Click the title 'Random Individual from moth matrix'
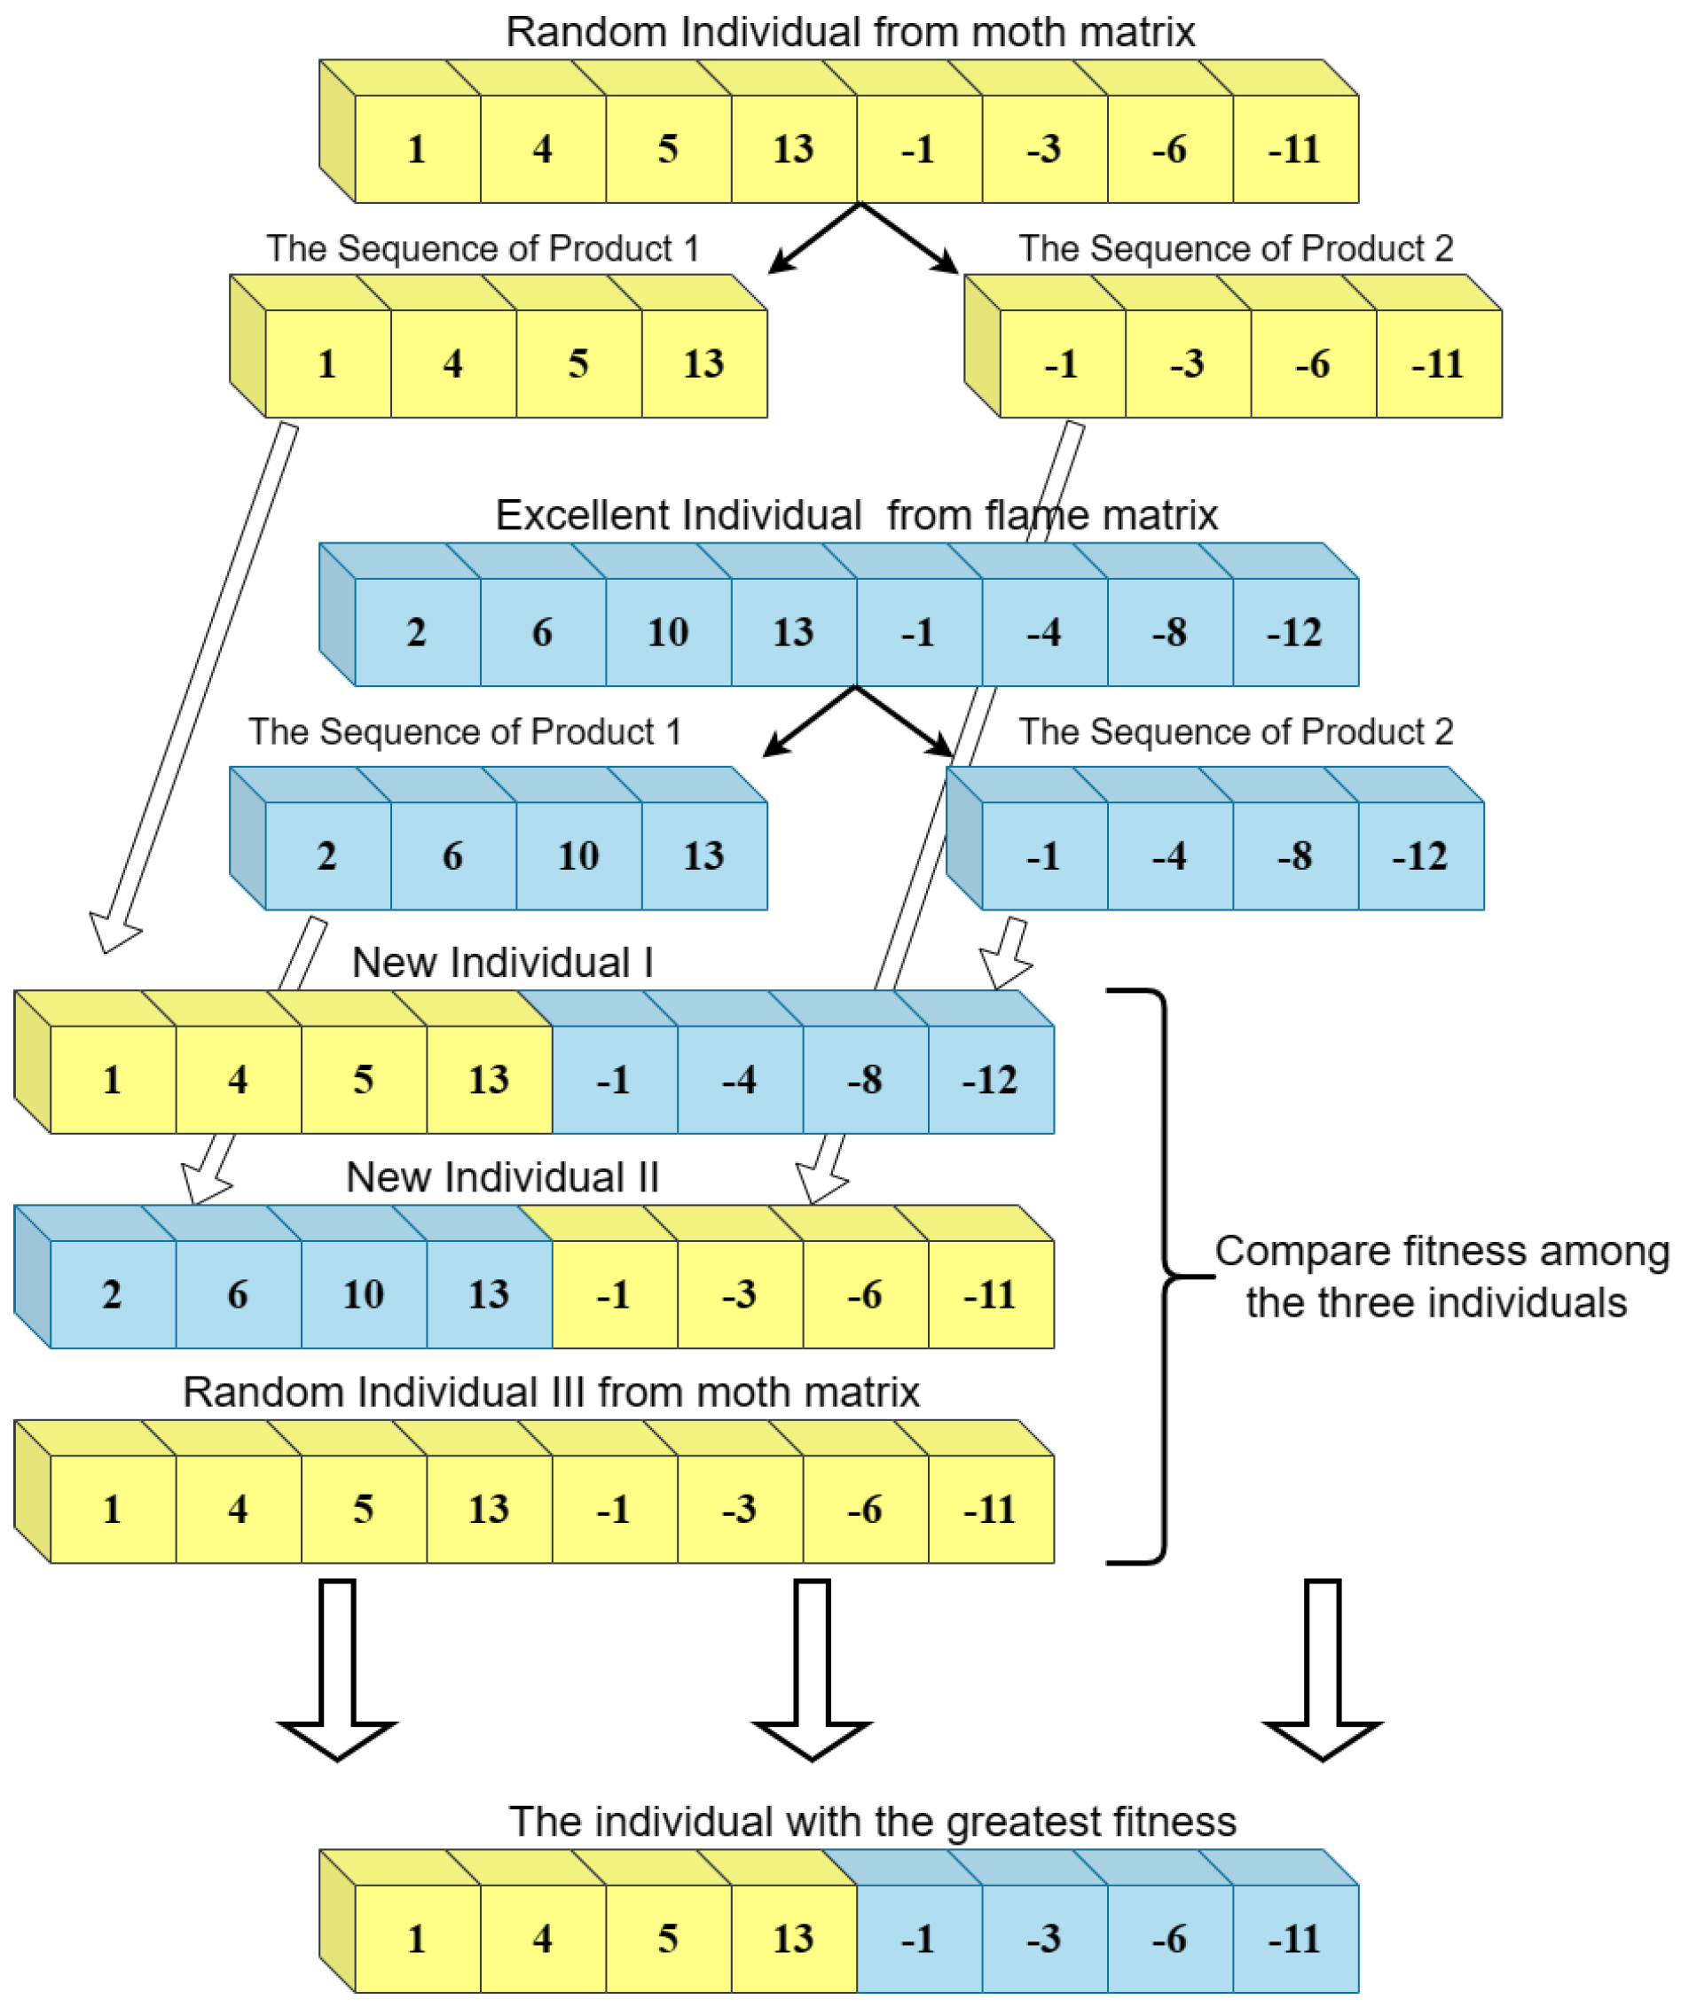pos(850,32)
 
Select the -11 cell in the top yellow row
pos(1294,149)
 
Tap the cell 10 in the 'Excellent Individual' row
pos(667,631)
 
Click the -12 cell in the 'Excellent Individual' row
pos(1294,631)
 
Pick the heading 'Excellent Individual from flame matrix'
pos(855,515)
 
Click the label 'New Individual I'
pos(502,963)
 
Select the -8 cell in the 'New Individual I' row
pos(864,1080)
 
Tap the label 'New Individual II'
pos(502,1177)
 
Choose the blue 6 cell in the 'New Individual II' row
pos(237,1294)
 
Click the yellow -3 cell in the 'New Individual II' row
pos(739,1294)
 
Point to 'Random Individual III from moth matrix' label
pos(551,1393)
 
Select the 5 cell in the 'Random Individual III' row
pos(363,1510)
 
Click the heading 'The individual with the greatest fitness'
pos(872,1821)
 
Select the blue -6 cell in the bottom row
pos(1168,1938)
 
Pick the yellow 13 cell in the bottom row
pos(793,1938)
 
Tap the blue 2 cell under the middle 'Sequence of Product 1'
pos(326,855)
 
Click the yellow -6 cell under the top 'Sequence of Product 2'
pos(1312,363)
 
